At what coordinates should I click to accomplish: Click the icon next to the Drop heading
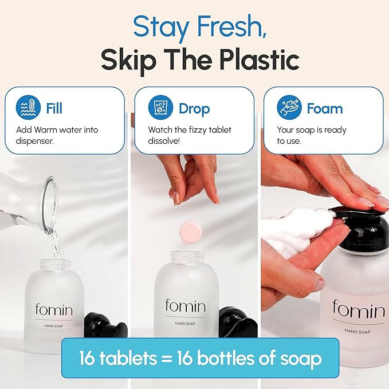(160, 108)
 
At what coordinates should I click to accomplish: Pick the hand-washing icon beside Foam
(289, 108)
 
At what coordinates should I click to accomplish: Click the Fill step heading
(54, 108)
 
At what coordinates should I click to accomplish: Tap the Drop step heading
(194, 108)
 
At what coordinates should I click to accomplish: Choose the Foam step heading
(324, 108)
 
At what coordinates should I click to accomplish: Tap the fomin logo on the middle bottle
(184, 305)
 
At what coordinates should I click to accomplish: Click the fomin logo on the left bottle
(54, 309)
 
